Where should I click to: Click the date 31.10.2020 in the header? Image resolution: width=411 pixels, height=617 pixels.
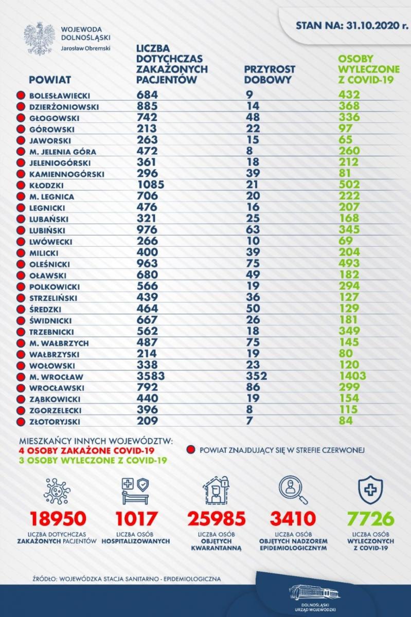372,25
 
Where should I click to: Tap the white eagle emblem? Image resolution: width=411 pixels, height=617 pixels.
38,39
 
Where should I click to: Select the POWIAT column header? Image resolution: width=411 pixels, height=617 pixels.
50,80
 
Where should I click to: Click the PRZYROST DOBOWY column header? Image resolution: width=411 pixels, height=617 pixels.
270,75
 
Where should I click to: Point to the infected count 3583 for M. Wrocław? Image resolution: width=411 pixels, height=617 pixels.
151,376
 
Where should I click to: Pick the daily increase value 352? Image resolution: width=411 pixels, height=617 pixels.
256,376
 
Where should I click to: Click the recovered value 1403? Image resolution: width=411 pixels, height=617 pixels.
352,376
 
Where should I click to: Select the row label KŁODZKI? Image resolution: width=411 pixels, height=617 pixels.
46,186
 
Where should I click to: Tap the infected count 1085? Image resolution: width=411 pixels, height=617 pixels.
151,184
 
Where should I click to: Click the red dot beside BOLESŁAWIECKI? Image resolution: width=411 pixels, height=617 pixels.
21,96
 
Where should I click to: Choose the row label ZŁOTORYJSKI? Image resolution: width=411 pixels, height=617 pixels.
55,422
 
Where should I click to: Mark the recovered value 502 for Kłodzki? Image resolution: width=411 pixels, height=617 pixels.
349,184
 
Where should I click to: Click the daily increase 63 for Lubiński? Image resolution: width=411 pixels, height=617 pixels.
253,229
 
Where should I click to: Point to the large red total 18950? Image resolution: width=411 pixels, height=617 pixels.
58,518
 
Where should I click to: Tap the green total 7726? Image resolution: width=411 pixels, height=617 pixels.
371,518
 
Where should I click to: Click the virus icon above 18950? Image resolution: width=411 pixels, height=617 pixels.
57,491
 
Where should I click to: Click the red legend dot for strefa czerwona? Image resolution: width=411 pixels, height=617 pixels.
191,450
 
